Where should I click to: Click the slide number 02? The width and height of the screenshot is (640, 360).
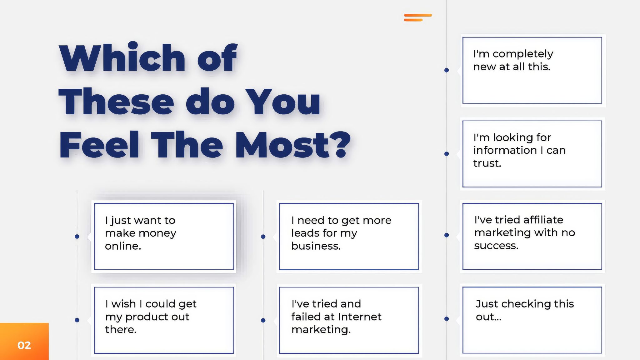[24, 345]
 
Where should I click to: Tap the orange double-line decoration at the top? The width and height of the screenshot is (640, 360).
[418, 17]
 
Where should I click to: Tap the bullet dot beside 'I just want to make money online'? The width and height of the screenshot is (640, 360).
[77, 237]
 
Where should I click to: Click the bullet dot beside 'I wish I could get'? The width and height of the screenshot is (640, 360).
[77, 320]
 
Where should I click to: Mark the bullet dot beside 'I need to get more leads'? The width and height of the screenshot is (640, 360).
[263, 237]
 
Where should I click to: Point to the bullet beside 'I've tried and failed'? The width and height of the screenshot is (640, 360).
[263, 320]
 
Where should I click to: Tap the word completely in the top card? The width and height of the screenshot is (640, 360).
[523, 54]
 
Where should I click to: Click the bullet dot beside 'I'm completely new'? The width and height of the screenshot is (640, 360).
[447, 70]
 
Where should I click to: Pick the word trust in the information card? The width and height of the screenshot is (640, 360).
[487, 163]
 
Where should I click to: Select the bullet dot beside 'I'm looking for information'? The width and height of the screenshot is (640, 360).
[447, 154]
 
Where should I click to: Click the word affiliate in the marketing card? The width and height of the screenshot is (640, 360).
[543, 220]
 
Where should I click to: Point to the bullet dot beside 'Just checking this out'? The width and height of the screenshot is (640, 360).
[447, 319]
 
